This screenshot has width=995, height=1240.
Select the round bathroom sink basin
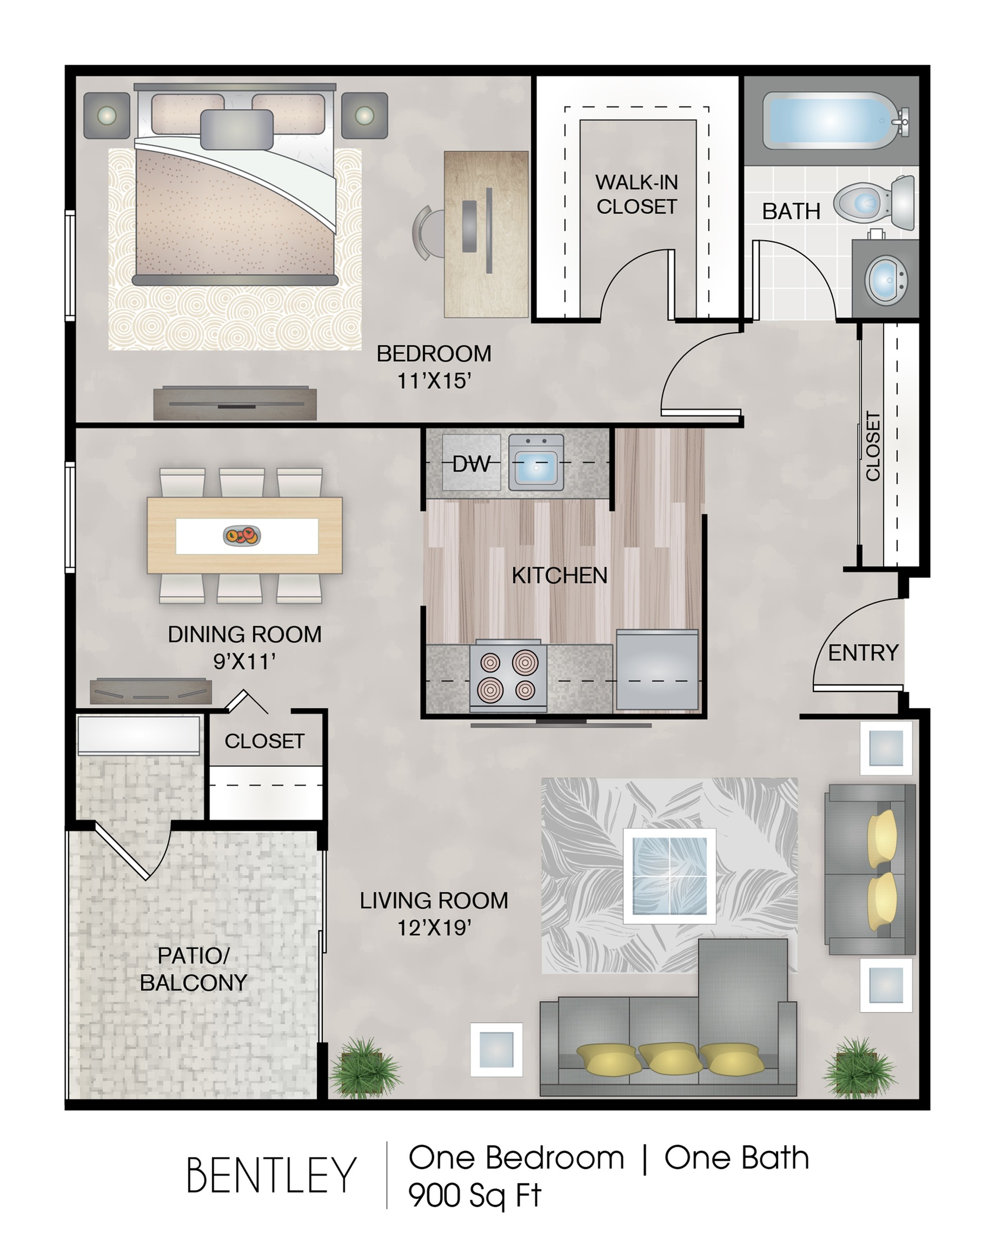[x=886, y=280]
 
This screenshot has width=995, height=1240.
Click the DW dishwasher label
[x=472, y=464]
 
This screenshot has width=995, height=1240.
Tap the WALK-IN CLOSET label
[x=636, y=194]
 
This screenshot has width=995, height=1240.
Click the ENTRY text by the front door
[x=863, y=653]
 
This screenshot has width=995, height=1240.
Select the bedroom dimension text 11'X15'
[x=435, y=381]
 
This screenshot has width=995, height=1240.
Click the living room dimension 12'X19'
[x=435, y=928]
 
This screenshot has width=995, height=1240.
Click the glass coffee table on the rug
[x=669, y=876]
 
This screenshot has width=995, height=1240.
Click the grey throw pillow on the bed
[x=236, y=130]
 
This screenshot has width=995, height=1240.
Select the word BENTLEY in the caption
[x=271, y=1176]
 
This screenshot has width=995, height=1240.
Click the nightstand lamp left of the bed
[x=107, y=116]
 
